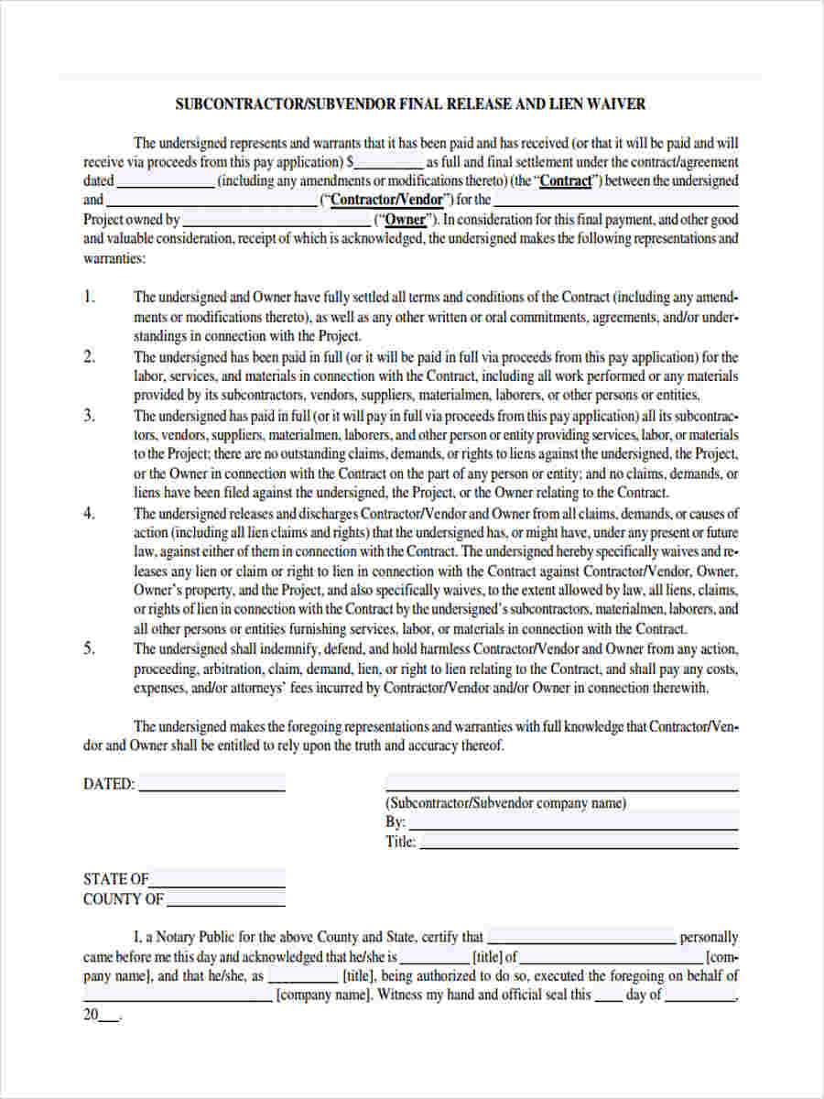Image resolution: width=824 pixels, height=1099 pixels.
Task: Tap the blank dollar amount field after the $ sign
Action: point(388,162)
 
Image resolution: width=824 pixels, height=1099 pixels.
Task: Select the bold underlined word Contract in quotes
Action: point(566,181)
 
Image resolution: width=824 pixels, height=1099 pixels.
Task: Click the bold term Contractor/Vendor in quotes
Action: point(386,201)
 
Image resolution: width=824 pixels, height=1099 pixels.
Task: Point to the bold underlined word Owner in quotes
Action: point(405,220)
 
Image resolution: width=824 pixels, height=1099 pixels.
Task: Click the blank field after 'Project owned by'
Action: point(276,220)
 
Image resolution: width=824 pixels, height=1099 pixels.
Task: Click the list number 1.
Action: point(89,297)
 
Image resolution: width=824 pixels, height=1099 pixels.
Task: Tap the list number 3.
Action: point(89,416)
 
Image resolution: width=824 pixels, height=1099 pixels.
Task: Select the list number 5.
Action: point(89,648)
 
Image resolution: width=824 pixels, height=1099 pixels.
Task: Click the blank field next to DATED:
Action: point(211,784)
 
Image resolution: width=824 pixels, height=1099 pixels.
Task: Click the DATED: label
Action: point(109,784)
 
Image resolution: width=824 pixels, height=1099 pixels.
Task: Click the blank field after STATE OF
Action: point(217,879)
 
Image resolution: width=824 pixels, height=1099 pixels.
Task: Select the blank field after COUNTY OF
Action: point(225,899)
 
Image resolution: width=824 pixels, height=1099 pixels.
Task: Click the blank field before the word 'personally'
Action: point(581,937)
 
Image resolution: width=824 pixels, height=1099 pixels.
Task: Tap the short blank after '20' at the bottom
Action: point(108,1015)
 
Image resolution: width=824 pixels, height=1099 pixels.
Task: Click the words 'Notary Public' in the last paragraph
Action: point(194,937)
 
